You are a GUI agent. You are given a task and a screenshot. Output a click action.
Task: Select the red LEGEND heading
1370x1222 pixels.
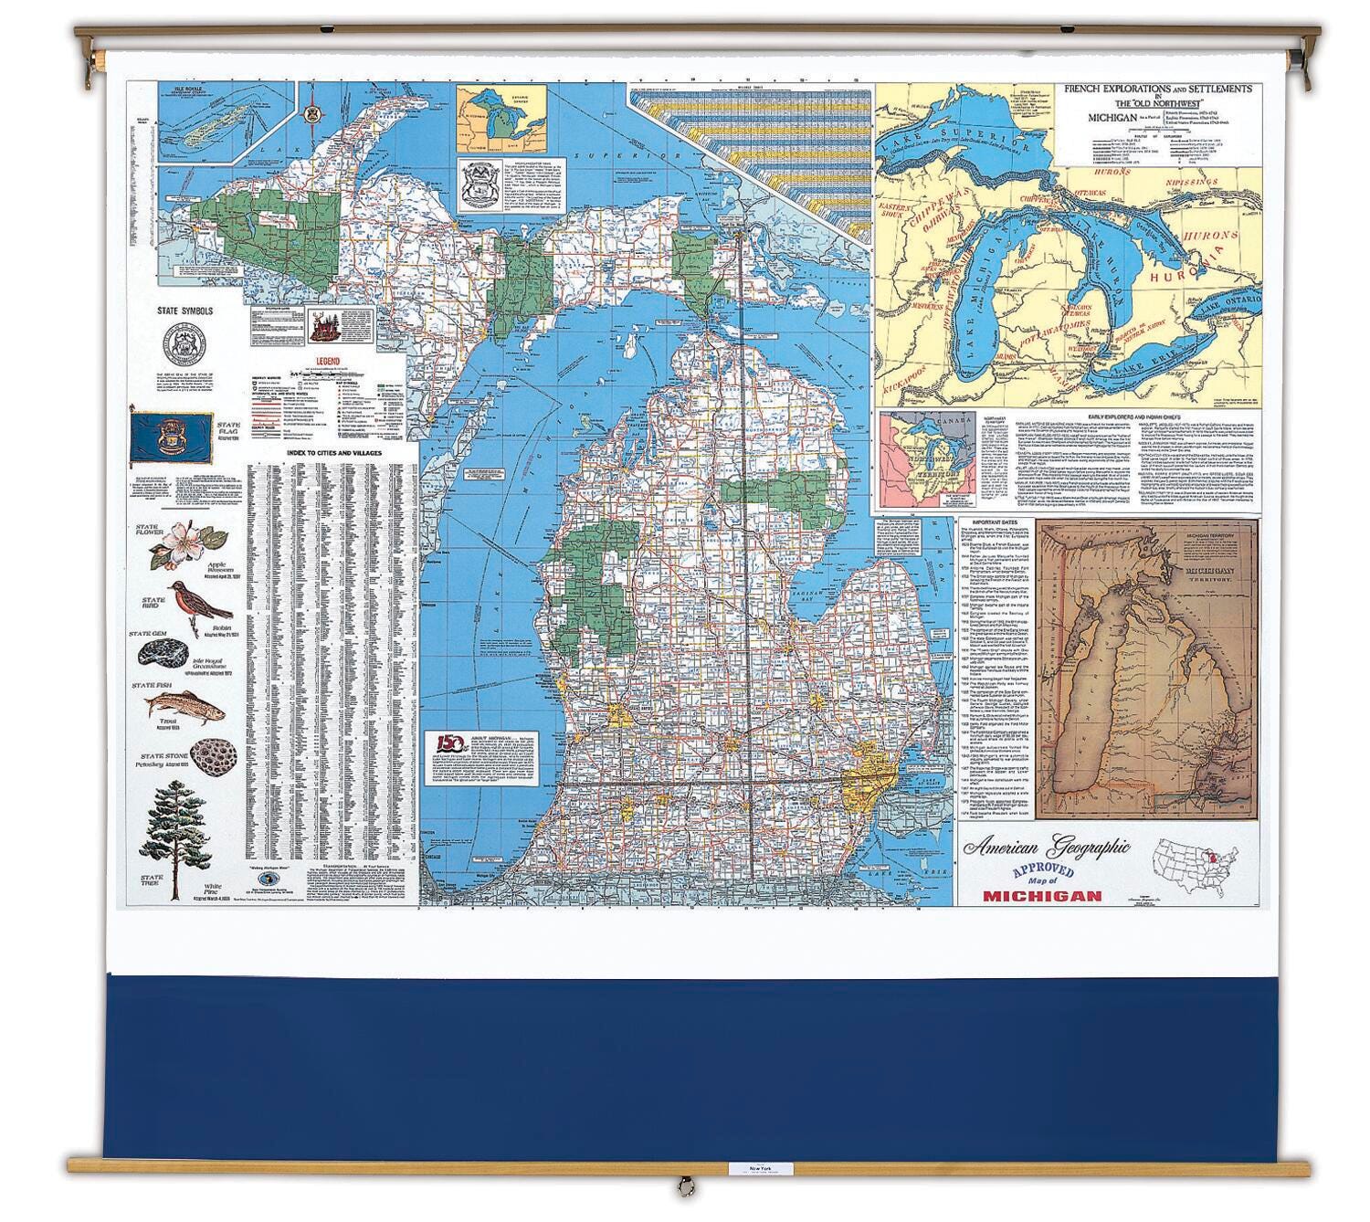tap(328, 362)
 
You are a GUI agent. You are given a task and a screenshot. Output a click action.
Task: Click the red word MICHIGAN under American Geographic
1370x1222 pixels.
tap(1041, 896)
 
